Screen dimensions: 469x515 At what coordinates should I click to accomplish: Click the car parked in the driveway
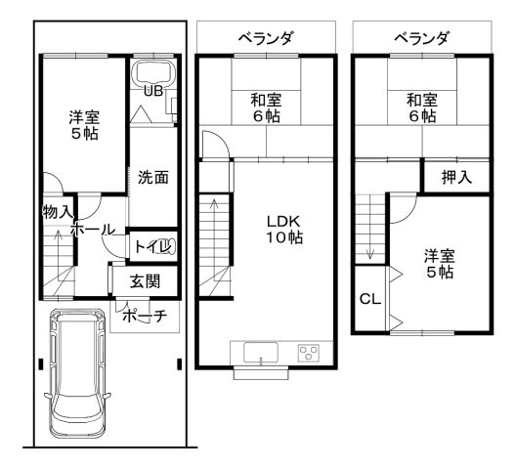(80, 376)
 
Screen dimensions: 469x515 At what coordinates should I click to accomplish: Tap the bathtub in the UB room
(152, 74)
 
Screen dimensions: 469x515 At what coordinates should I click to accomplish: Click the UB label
(153, 91)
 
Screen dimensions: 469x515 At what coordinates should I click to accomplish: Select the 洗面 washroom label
(153, 178)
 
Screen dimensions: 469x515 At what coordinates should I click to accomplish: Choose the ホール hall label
(94, 229)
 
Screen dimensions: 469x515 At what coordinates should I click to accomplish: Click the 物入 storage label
(57, 211)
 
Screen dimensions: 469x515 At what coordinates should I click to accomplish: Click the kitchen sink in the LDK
(261, 353)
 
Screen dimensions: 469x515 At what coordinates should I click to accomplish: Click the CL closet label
(370, 299)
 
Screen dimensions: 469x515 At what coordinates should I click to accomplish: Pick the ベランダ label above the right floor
(422, 38)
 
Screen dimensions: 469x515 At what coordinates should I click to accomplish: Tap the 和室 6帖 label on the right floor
(421, 107)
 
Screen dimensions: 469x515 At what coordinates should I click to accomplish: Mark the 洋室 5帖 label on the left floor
(83, 126)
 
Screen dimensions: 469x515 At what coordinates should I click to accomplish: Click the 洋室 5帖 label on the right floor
(439, 264)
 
